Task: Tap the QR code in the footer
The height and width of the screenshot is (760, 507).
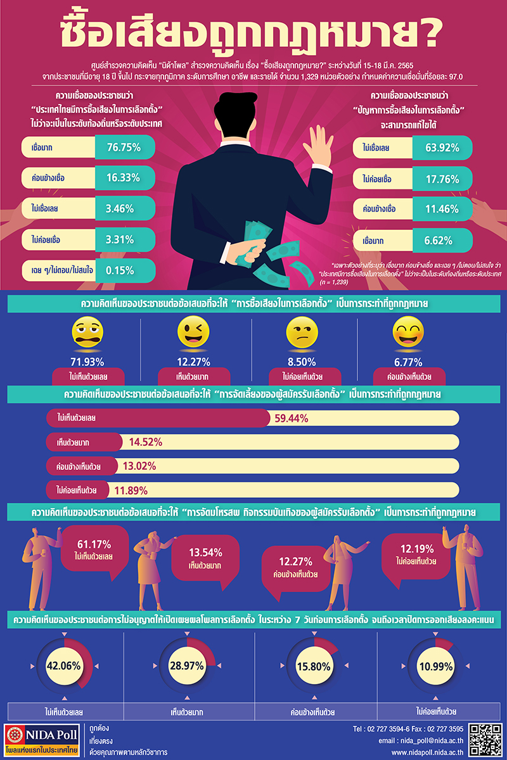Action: [487, 740]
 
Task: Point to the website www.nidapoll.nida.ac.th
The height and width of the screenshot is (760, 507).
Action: [428, 752]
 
